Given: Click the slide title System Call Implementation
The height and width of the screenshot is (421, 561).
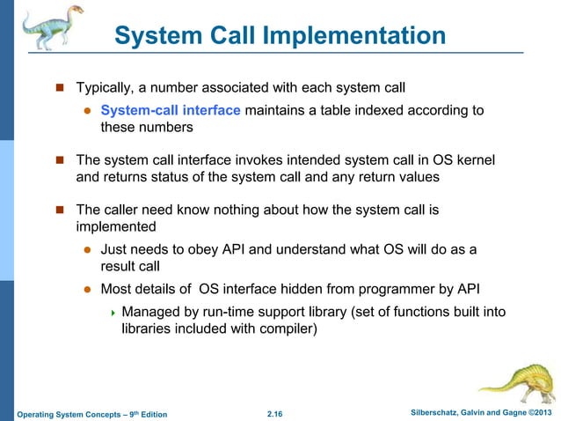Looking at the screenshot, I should coord(280,36).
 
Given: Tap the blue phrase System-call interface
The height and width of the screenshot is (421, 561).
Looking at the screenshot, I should coord(171,110).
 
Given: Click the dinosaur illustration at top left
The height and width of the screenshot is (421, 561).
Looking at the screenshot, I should coord(43,31).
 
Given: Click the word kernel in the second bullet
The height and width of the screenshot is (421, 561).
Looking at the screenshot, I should coord(475,159).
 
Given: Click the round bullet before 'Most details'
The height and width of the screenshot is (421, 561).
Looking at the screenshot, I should coord(88,289).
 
